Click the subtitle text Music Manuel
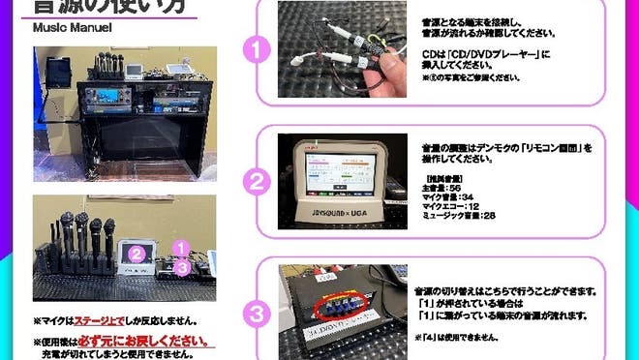[73, 28]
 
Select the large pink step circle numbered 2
[256, 180]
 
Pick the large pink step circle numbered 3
[256, 312]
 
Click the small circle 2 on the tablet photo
[138, 255]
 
